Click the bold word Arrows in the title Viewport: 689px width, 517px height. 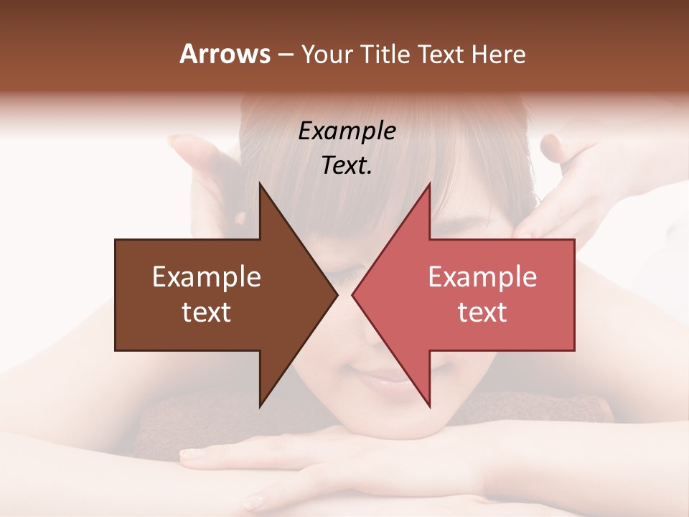[x=225, y=54]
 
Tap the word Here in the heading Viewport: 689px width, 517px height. [x=498, y=54]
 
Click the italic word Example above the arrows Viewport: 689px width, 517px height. [x=347, y=131]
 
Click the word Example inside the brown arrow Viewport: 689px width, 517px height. [x=207, y=276]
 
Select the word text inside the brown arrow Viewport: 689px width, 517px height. [x=207, y=312]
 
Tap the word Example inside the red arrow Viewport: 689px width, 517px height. [x=482, y=276]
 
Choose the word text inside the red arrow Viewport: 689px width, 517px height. [x=482, y=312]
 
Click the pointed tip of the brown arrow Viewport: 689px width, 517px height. [x=337, y=294]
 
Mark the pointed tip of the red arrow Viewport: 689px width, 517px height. [x=353, y=294]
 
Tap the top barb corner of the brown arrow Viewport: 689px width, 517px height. [x=260, y=184]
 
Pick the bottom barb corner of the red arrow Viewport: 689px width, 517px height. [x=430, y=406]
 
